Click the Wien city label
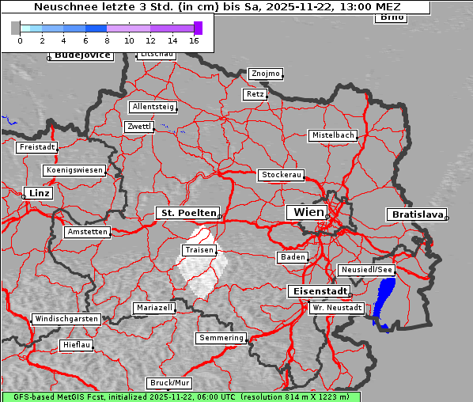pyautogui.click(x=308, y=212)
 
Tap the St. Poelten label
pyautogui.click(x=186, y=213)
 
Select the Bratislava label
pyautogui.click(x=415, y=214)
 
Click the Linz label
pyautogui.click(x=37, y=193)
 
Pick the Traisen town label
pyautogui.click(x=199, y=250)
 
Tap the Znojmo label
pyautogui.click(x=265, y=74)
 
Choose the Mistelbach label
pyautogui.click(x=332, y=135)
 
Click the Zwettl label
pyautogui.click(x=138, y=127)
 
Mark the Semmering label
pyautogui.click(x=221, y=338)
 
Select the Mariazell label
pyautogui.click(x=154, y=307)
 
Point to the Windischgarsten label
pyautogui.click(x=66, y=319)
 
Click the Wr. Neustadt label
pyautogui.click(x=337, y=307)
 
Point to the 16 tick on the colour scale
pyautogui.click(x=194, y=40)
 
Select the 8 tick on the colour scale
pyautogui.click(x=107, y=40)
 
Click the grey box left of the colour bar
pyautogui.click(x=16, y=28)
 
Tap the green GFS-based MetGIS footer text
pyautogui.click(x=180, y=396)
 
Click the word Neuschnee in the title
pyautogui.click(x=60, y=7)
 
